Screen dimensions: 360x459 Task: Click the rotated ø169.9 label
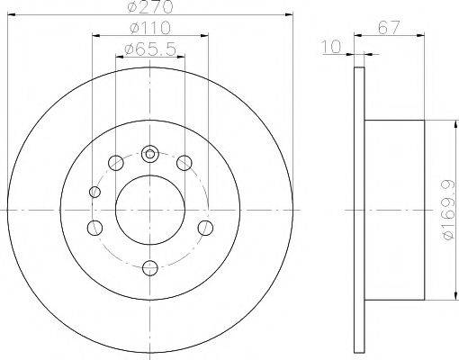[x=447, y=211]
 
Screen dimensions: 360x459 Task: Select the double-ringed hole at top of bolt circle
[x=150, y=151]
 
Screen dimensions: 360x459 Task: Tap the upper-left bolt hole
[x=116, y=163]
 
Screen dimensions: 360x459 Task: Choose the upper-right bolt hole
[x=184, y=163]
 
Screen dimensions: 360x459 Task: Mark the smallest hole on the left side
[x=95, y=191]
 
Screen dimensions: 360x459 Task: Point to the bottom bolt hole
[x=150, y=265]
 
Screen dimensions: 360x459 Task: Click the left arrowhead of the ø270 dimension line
[x=11, y=14]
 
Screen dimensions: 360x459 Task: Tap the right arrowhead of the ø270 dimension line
[x=290, y=14]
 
